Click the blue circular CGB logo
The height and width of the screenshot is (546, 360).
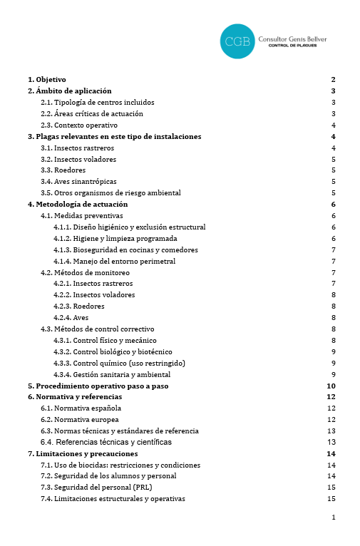point(237,41)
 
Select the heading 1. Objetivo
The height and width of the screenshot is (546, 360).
point(47,79)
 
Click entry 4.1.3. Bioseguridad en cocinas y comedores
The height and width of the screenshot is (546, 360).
point(125,249)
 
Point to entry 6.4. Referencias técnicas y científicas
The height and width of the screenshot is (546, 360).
point(106,442)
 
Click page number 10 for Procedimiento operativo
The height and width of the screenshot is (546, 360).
point(331,386)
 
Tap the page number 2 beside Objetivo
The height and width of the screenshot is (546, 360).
point(333,79)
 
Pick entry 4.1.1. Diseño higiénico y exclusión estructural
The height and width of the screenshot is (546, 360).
point(129,227)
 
